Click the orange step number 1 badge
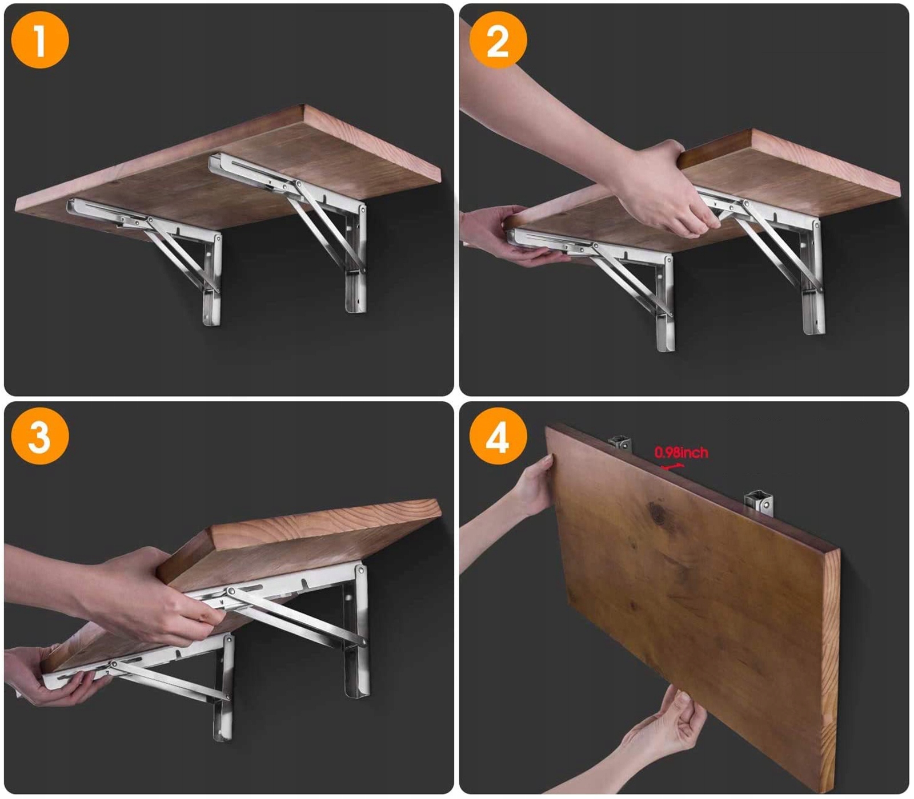[40, 40]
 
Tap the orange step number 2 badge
[498, 40]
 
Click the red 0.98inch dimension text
[681, 453]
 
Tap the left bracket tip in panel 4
[620, 442]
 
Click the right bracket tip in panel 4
[759, 503]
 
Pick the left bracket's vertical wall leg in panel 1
[212, 280]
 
